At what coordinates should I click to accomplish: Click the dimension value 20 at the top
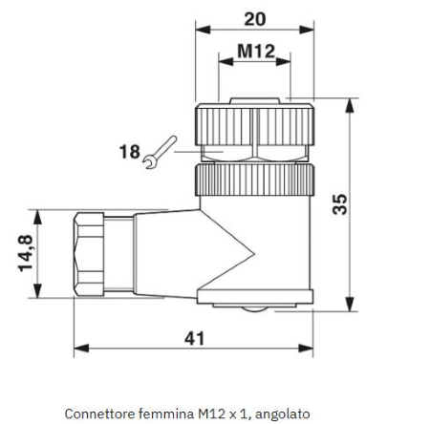click(255, 19)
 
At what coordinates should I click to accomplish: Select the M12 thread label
click(256, 51)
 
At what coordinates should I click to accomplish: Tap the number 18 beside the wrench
click(129, 152)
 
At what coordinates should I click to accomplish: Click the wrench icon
click(160, 152)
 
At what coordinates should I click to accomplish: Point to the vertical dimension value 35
click(339, 204)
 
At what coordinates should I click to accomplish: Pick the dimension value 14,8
click(26, 253)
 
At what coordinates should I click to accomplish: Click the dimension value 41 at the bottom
click(194, 338)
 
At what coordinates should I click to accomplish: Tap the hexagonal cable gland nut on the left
click(89, 254)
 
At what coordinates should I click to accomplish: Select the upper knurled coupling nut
click(254, 124)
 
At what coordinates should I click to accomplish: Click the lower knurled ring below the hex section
click(254, 180)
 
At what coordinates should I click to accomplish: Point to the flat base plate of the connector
click(255, 296)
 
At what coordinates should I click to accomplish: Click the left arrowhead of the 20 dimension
click(203, 30)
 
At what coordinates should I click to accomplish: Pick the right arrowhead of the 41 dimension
click(306, 349)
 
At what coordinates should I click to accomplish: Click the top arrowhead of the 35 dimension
click(350, 105)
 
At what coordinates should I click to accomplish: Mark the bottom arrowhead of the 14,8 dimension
click(37, 291)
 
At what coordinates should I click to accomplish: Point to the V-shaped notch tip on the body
click(254, 254)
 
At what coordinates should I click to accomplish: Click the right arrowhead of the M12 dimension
click(283, 62)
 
